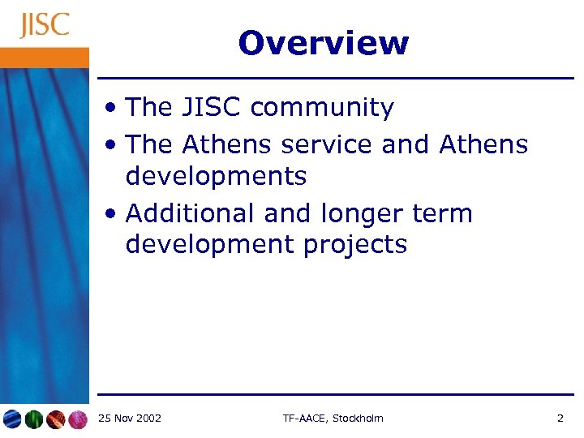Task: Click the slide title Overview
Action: pyautogui.click(x=324, y=43)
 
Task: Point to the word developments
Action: pyautogui.click(x=216, y=176)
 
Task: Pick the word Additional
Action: pyautogui.click(x=191, y=213)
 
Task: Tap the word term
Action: pyautogui.click(x=443, y=213)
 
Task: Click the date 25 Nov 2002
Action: pyautogui.click(x=129, y=419)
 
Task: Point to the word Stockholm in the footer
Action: pyautogui.click(x=358, y=419)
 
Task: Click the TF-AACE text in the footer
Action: pyautogui.click(x=304, y=419)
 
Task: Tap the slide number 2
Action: pyautogui.click(x=560, y=419)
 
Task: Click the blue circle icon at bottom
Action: pyautogui.click(x=11, y=419)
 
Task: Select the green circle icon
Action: pyautogui.click(x=33, y=419)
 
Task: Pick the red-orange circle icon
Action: pyautogui.click(x=55, y=419)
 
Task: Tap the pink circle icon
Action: pyautogui.click(x=77, y=419)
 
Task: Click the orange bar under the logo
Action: pyautogui.click(x=45, y=57)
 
